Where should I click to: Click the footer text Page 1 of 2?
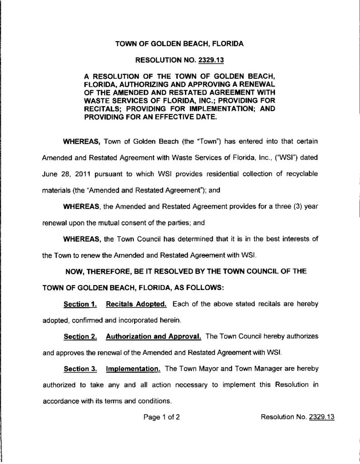pos(162,417)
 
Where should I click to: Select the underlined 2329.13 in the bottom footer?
pos(321,417)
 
